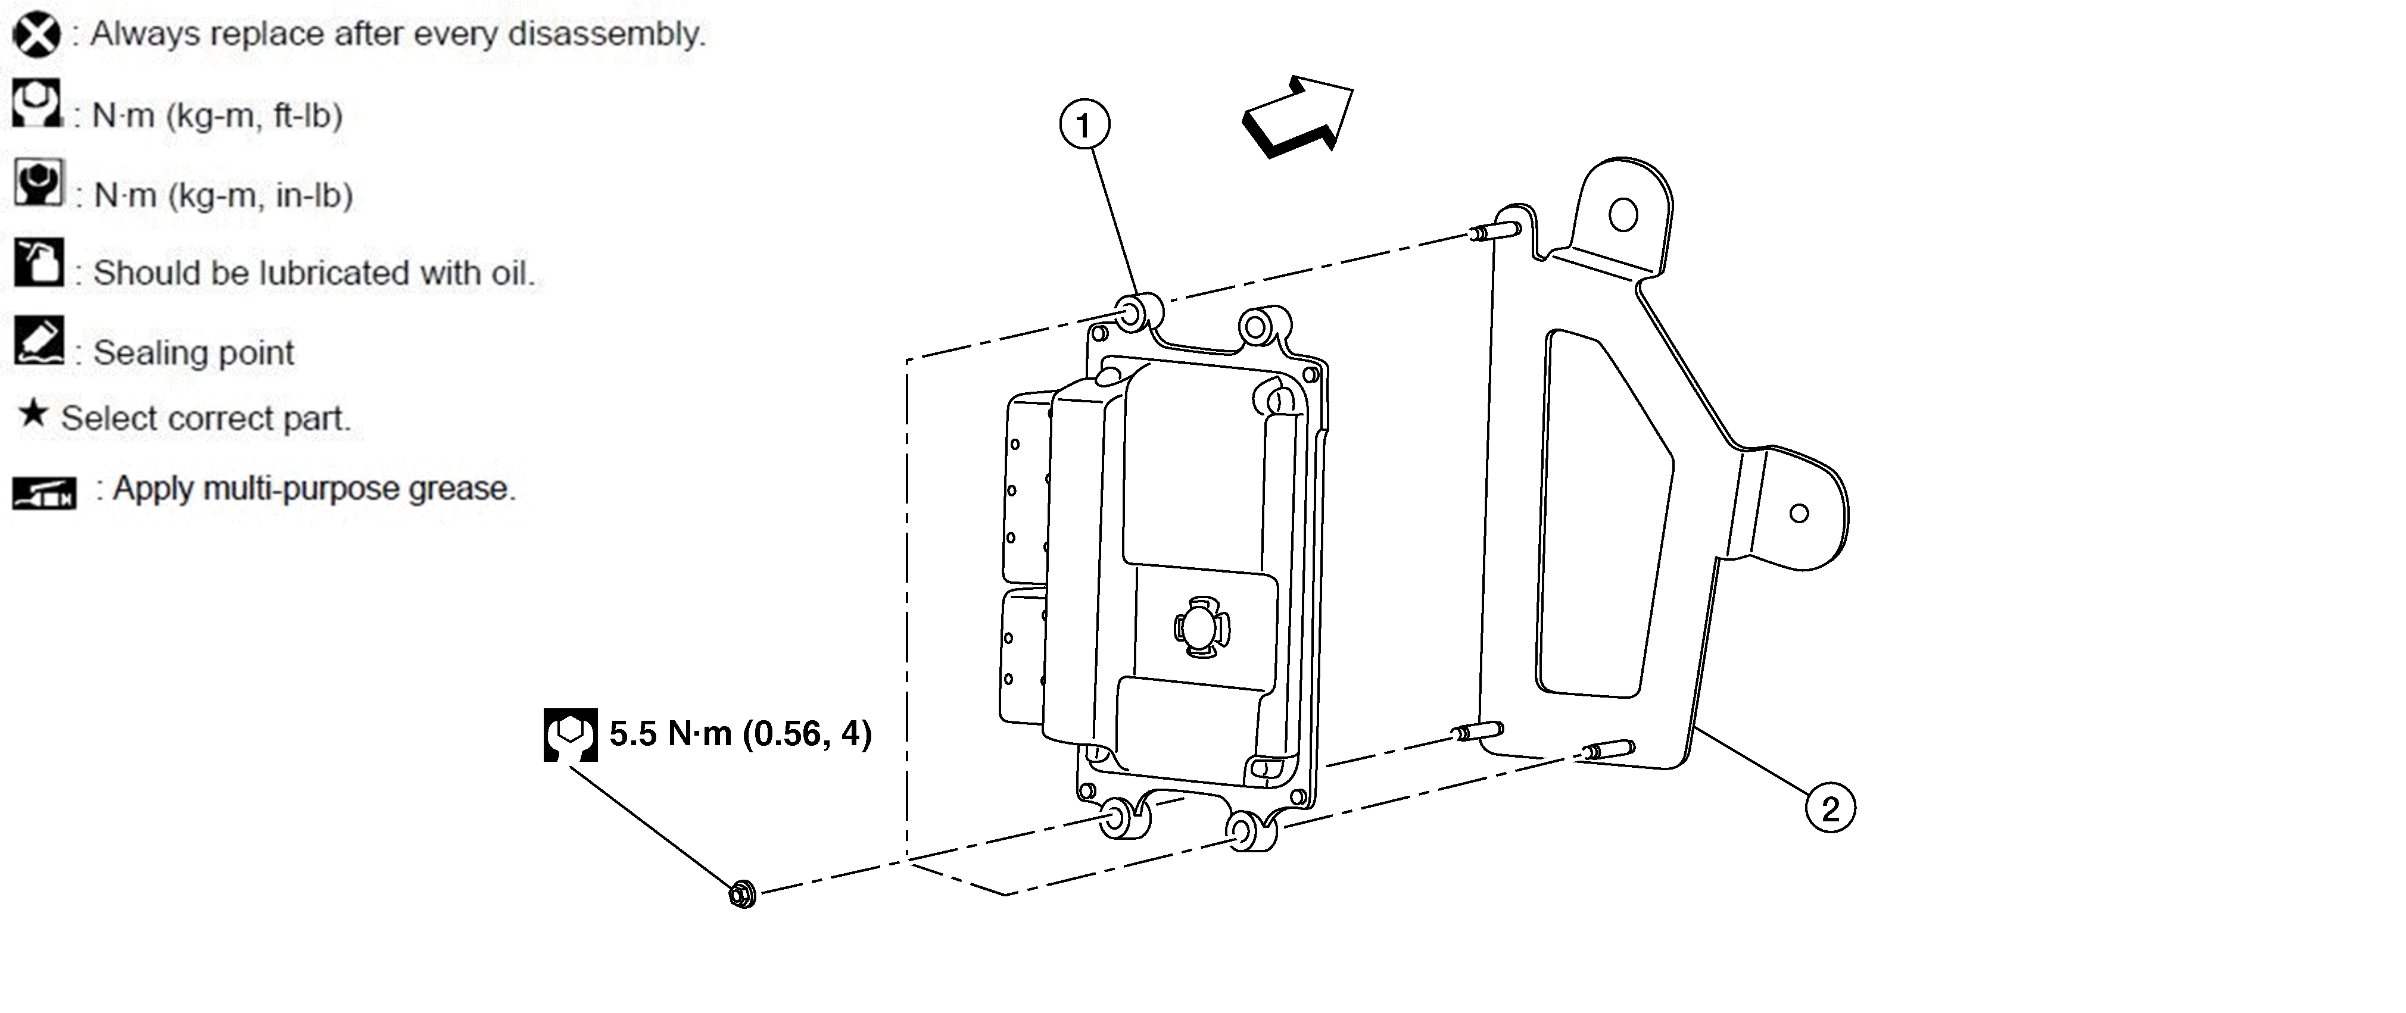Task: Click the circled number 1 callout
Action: tap(1084, 124)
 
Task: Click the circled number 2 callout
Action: tap(1830, 808)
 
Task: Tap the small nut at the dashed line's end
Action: tap(743, 893)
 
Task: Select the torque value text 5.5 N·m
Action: tap(671, 734)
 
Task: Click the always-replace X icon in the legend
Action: tap(36, 35)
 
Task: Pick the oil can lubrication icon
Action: tap(38, 262)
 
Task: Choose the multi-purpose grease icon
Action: tap(44, 492)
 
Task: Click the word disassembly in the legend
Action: tap(607, 35)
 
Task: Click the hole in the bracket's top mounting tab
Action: tap(1623, 215)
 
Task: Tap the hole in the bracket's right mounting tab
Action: tap(1799, 512)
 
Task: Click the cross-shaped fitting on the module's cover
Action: tap(1202, 627)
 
